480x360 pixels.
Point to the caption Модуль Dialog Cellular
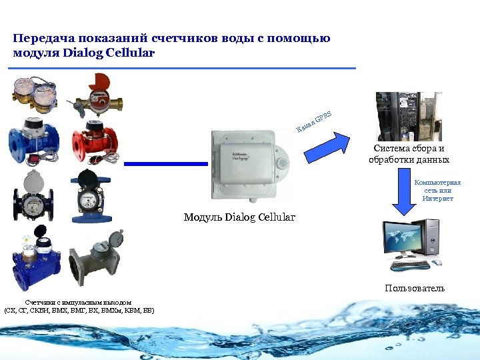click(x=239, y=217)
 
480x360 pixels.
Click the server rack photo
click(x=409, y=116)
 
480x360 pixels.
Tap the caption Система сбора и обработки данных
click(x=409, y=154)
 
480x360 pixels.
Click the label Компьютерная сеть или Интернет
click(x=437, y=190)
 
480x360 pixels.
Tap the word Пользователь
click(x=414, y=288)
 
